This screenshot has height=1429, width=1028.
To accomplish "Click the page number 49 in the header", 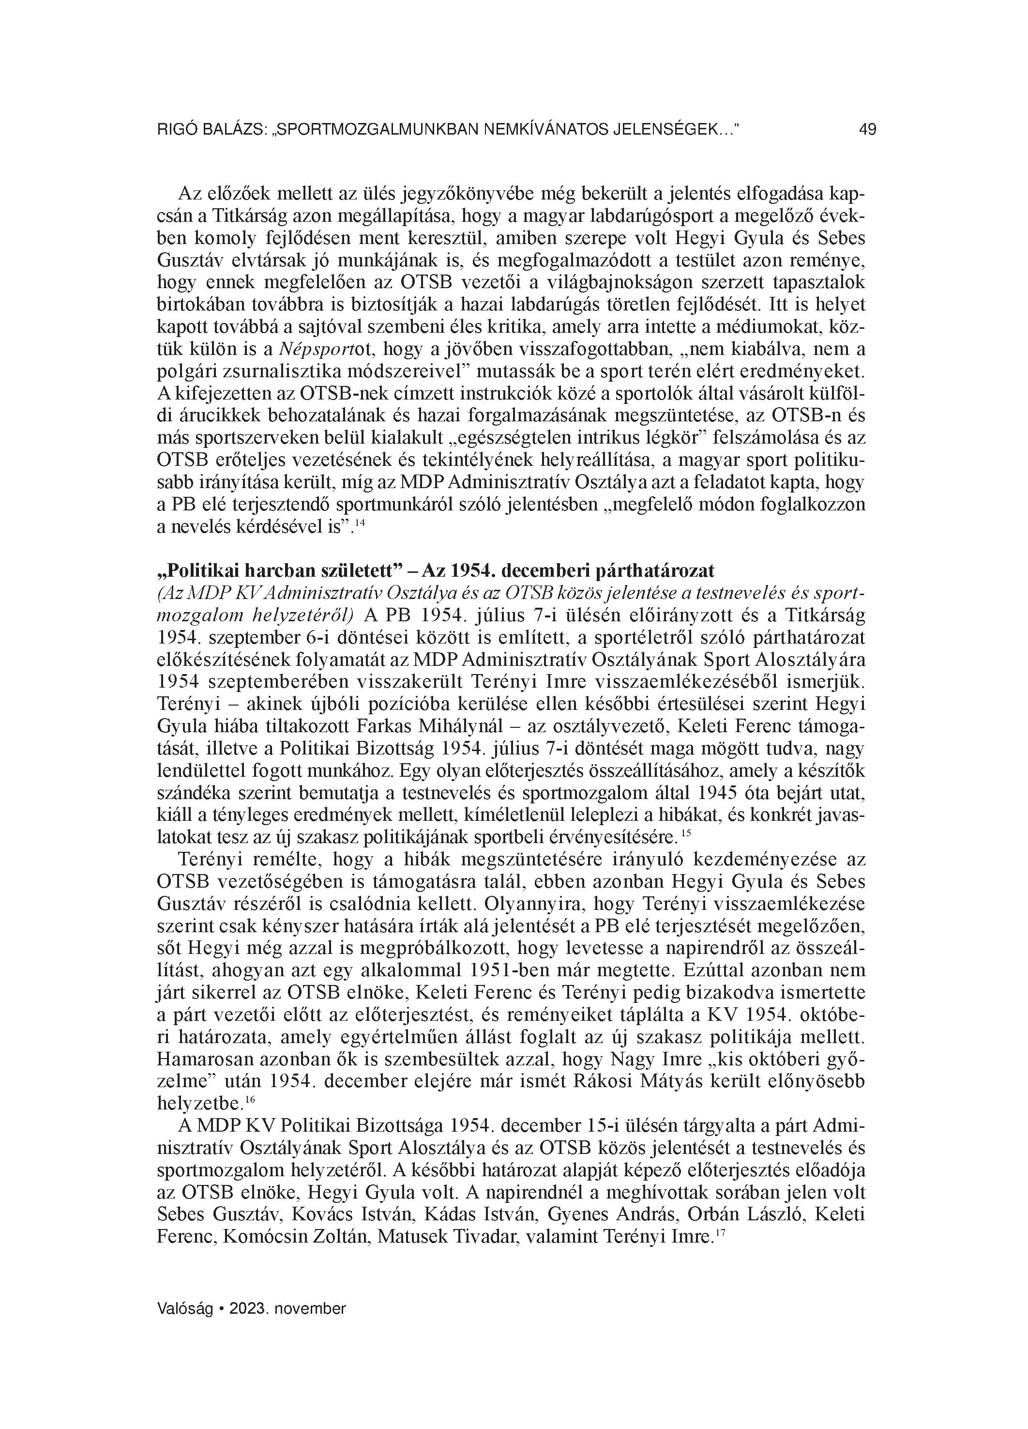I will tap(867, 130).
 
